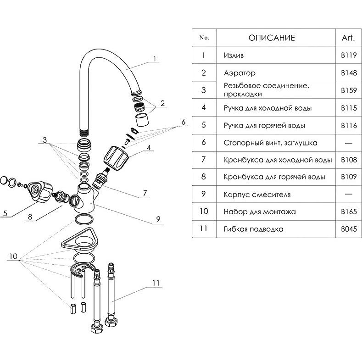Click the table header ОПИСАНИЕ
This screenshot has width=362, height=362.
(272, 38)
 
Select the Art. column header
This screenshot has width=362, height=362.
(349, 38)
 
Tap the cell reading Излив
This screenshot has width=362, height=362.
(234, 56)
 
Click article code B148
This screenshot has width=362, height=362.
(349, 73)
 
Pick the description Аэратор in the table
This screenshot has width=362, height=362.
(239, 73)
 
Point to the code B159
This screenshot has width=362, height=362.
(349, 90)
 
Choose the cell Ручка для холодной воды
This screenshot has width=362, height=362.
(268, 108)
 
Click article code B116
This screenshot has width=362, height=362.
(349, 125)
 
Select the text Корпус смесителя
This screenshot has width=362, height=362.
(257, 195)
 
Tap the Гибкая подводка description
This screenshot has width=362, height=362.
(253, 229)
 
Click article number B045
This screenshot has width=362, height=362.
(349, 229)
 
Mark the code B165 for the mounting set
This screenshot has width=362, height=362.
(349, 212)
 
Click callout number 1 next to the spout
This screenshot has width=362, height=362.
(155, 58)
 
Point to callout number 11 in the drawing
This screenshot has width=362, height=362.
(156, 283)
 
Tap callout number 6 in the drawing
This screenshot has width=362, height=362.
(183, 122)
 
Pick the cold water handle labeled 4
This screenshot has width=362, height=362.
(114, 157)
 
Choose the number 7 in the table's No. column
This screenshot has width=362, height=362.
(204, 160)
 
